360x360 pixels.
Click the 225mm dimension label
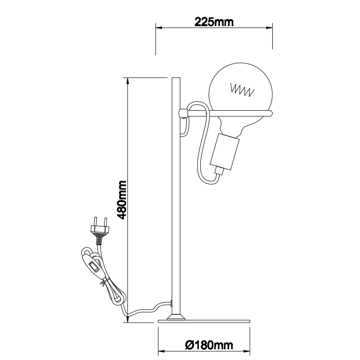[x=214, y=22]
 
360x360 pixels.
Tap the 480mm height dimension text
[x=121, y=200]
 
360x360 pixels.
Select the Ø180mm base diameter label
[x=209, y=345]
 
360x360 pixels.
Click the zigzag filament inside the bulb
[x=242, y=90]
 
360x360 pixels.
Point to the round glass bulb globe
[x=240, y=95]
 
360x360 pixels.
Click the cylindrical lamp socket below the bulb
[x=225, y=152]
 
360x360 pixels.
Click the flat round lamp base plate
[x=204, y=321]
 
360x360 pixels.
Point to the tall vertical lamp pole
[x=176, y=196]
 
